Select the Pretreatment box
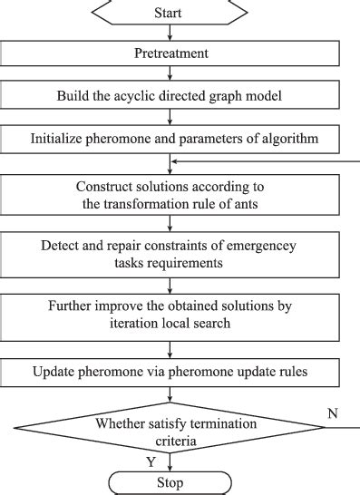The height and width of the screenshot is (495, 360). [170, 53]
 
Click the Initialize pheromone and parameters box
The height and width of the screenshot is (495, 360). [170, 139]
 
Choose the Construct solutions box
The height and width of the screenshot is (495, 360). [170, 195]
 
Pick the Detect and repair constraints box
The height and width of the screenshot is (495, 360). [170, 254]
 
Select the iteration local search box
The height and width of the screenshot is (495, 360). [170, 314]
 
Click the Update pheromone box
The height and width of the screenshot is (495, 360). [170, 372]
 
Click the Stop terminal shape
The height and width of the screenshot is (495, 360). [170, 482]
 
